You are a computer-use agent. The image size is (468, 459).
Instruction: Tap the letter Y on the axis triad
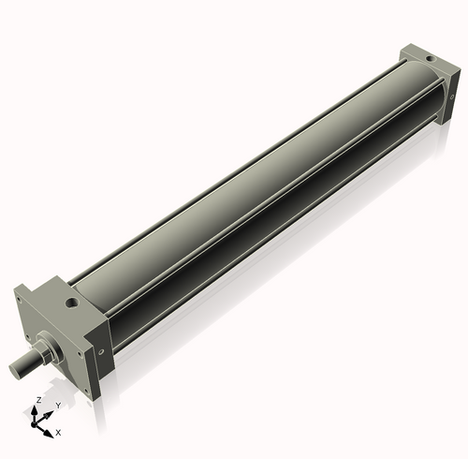[58, 406]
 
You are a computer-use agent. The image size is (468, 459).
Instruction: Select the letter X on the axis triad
[59, 433]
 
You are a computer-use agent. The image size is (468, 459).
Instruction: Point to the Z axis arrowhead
[38, 408]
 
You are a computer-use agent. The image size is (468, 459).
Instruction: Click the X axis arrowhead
[51, 429]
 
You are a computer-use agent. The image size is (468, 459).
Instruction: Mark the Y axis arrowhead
[51, 411]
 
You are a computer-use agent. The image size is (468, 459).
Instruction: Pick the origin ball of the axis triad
[39, 422]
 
